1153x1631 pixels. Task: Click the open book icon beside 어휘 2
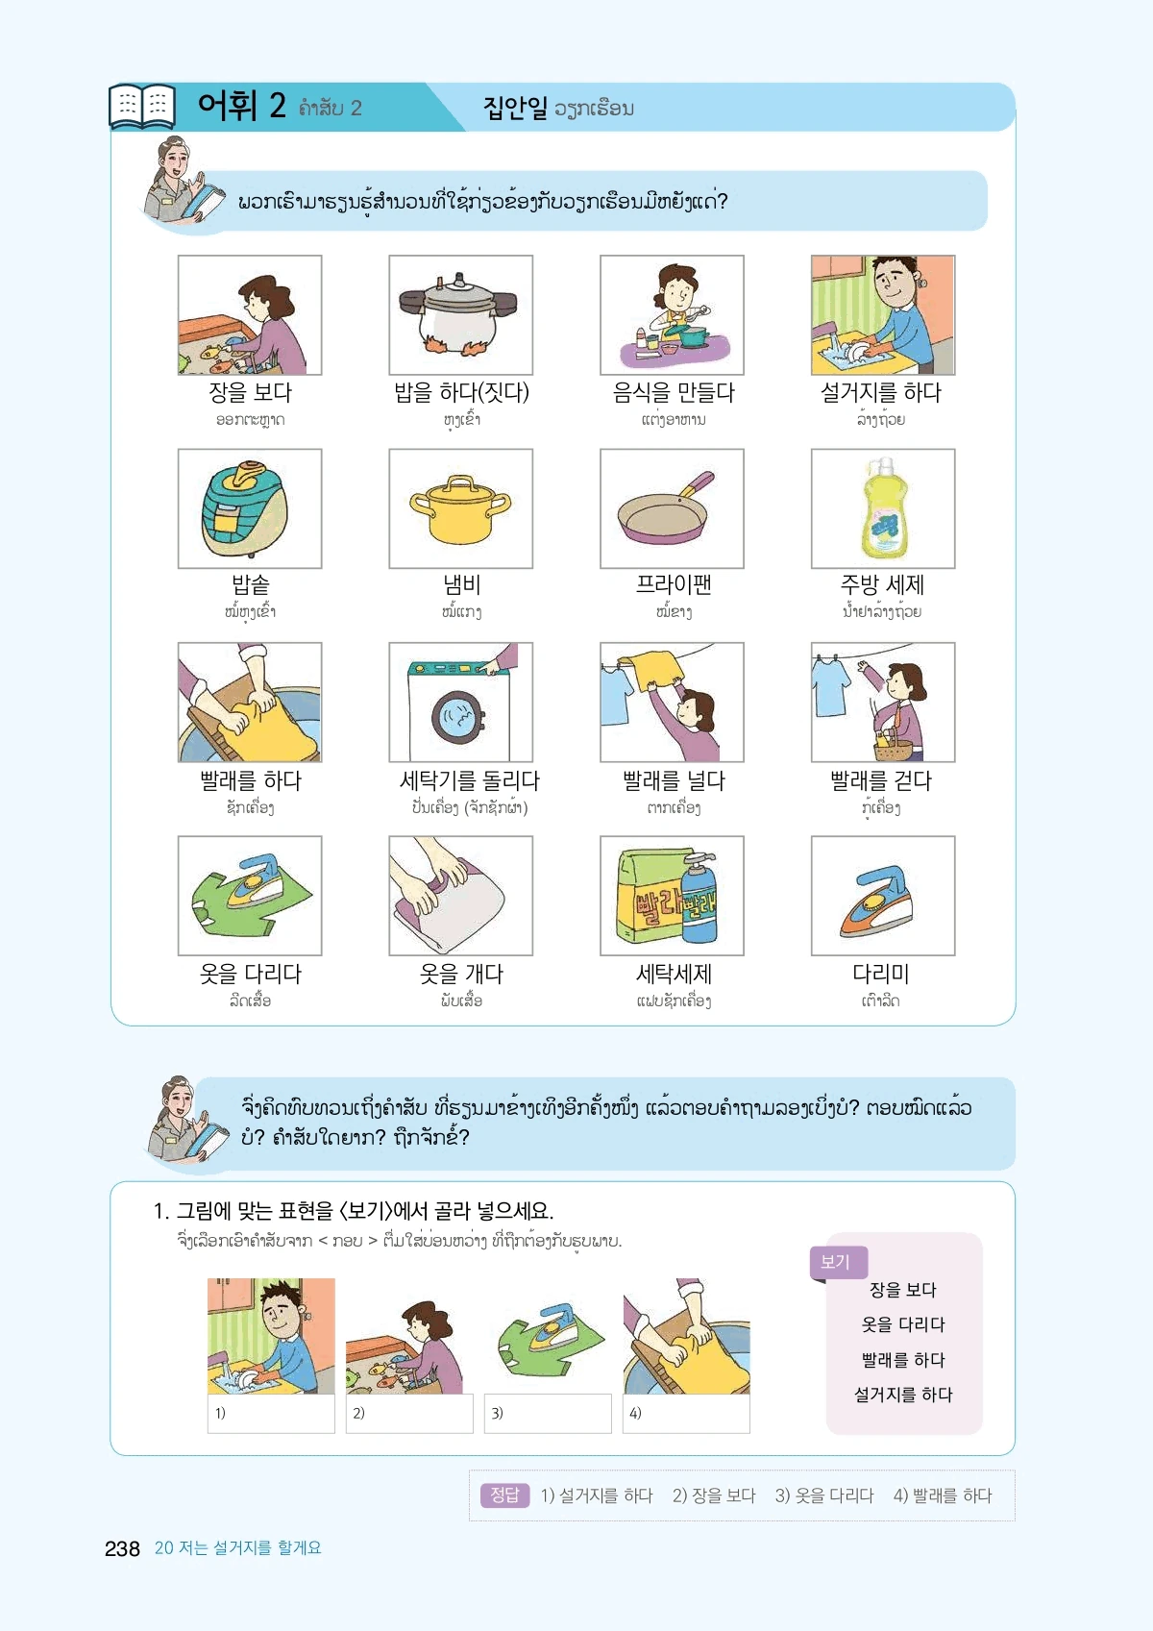point(142,107)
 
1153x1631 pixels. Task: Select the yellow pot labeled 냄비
point(460,509)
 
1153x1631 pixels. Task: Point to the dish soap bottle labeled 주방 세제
point(884,507)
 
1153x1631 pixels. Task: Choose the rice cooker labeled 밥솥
point(245,508)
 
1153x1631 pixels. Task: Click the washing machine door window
point(458,717)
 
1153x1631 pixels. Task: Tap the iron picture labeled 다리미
point(876,901)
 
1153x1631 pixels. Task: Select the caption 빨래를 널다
point(674,780)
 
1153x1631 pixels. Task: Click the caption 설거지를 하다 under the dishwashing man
point(881,392)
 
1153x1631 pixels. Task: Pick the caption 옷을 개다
point(461,974)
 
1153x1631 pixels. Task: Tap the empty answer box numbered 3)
point(548,1413)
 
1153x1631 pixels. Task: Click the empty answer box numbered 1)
point(271,1413)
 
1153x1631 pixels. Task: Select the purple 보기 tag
point(839,1262)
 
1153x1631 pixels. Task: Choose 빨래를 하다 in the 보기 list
point(902,1359)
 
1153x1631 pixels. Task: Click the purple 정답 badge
point(504,1495)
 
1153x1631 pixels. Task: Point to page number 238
point(122,1548)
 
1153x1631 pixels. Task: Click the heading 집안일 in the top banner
point(515,108)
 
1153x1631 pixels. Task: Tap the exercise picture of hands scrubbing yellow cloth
point(686,1336)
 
